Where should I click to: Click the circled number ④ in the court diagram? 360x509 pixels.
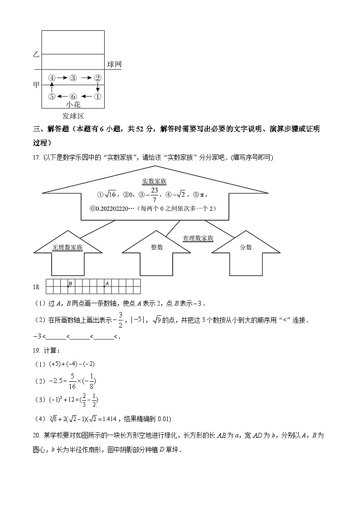[51, 78]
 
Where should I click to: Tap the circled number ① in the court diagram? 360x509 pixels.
[97, 96]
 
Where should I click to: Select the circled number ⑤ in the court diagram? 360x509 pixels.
[51, 96]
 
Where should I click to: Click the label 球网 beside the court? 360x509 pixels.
[114, 64]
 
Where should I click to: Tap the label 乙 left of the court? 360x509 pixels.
[36, 54]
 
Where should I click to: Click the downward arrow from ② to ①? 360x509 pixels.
[97, 87]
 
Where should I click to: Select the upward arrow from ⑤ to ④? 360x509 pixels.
[52, 87]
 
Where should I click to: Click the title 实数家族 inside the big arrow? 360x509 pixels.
[154, 181]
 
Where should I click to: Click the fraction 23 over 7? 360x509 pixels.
[154, 195]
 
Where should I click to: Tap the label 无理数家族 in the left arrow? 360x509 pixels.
[67, 247]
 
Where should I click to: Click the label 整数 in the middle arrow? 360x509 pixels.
[157, 247]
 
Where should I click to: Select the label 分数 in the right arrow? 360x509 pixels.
[246, 247]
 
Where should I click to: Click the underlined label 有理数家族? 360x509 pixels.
[198, 238]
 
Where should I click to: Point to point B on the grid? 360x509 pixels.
[68, 286]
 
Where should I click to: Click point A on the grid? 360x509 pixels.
[105, 286]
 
